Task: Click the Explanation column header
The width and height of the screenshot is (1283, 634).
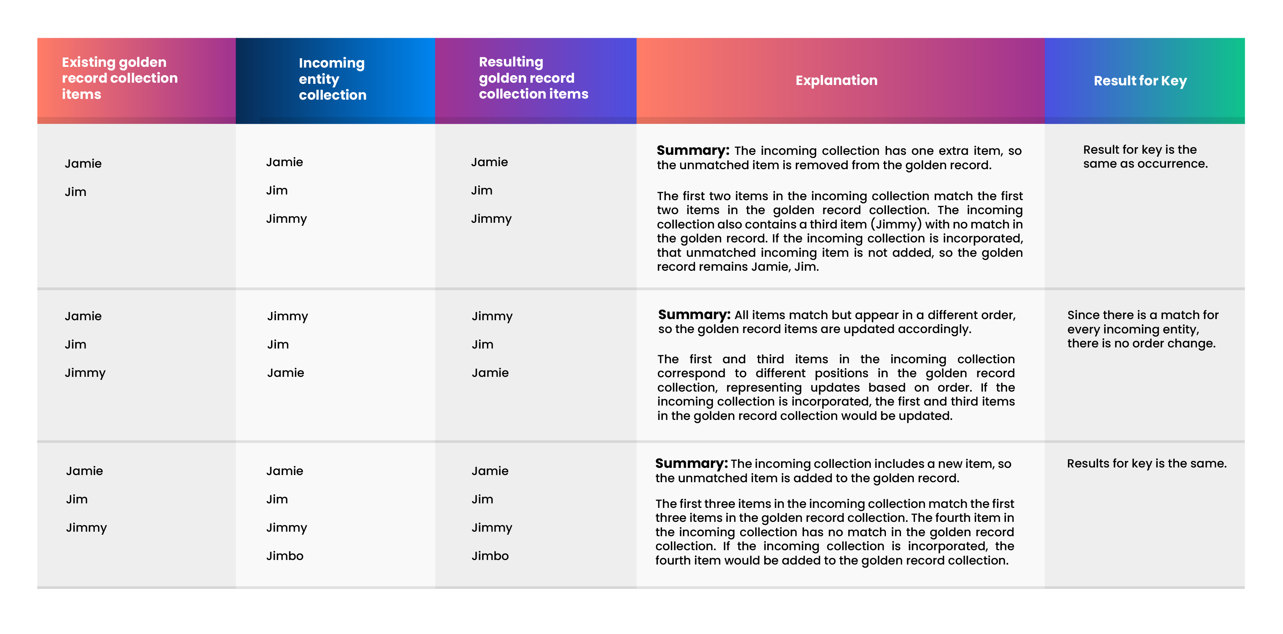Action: tap(836, 80)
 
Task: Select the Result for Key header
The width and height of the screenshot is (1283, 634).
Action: tap(1140, 81)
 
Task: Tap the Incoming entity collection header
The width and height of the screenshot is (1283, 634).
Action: tap(332, 79)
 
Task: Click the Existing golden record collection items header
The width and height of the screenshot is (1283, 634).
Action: tap(120, 78)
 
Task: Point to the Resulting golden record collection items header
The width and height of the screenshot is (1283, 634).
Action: tap(533, 78)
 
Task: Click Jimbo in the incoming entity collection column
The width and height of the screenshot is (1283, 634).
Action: tap(284, 556)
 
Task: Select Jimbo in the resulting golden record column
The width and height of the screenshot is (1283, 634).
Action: tap(490, 556)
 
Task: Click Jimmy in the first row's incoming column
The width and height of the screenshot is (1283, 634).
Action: tap(286, 219)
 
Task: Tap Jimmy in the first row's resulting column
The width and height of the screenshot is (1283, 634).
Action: tap(491, 219)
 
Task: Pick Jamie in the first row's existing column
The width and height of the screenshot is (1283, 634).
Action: tap(83, 164)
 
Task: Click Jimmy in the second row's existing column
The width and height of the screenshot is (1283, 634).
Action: tap(85, 373)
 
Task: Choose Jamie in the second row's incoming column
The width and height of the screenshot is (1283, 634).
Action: tap(285, 373)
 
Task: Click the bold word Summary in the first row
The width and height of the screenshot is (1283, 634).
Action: tap(692, 151)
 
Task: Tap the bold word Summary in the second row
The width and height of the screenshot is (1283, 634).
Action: tap(694, 315)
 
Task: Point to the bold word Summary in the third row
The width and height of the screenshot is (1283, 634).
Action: tap(691, 464)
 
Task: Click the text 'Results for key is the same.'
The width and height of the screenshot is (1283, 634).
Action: tap(1146, 464)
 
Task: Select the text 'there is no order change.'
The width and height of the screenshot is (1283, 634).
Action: tap(1141, 343)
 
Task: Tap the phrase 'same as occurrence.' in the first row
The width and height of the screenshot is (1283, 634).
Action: tap(1145, 164)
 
